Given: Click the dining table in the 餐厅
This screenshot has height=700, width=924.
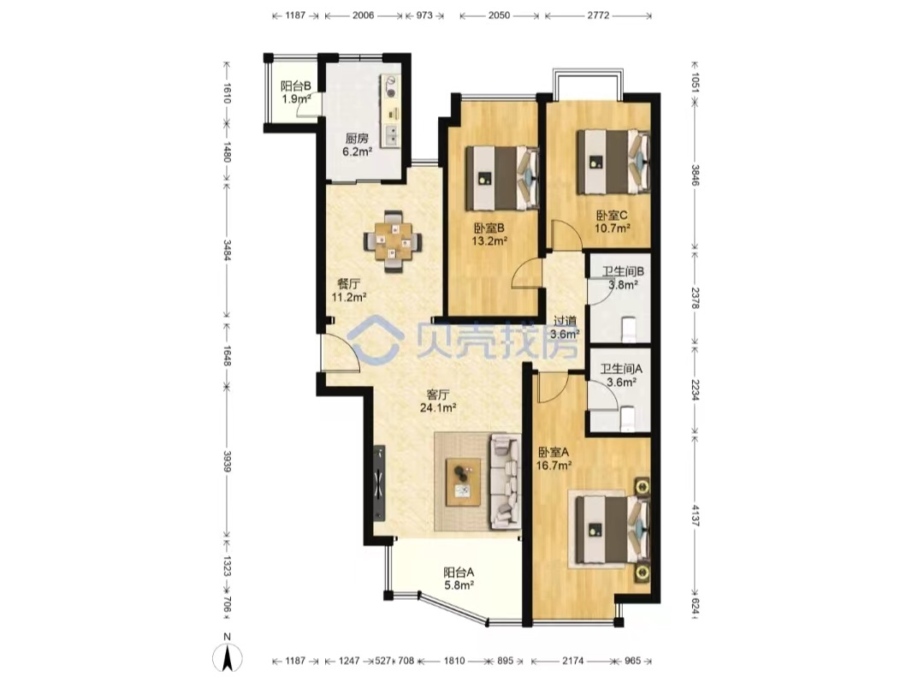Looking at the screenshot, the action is coord(393,241).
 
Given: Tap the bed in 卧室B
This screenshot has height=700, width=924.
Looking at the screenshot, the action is coord(503,178).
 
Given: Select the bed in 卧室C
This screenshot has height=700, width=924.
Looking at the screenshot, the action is coord(613,162).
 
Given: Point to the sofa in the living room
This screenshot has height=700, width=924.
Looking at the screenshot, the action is coord(505,480).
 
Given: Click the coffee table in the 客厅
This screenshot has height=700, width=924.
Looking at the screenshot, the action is coord(463,482).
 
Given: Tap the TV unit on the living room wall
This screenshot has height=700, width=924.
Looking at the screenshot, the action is coord(379,483).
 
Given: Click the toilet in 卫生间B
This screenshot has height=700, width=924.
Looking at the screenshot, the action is coord(629,329).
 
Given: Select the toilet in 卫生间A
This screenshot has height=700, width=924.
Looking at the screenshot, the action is coord(627,418).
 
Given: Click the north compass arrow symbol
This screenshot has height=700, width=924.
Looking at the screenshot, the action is coord(228,657).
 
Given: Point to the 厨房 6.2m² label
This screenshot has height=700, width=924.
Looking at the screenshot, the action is coord(357,145).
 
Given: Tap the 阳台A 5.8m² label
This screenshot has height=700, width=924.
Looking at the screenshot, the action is coord(459,578).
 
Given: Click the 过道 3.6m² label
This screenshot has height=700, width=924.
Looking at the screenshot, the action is coord(566,328).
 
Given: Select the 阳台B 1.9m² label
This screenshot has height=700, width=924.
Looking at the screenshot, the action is coord(295,92).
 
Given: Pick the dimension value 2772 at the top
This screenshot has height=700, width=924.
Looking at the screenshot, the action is coord(598,15).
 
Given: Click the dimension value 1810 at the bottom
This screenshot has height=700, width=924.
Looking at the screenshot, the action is coord(454,661).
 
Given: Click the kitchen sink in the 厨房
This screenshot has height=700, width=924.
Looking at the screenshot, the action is coord(390,136).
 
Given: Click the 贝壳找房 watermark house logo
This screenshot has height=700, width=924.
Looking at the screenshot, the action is coord(376,338).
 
